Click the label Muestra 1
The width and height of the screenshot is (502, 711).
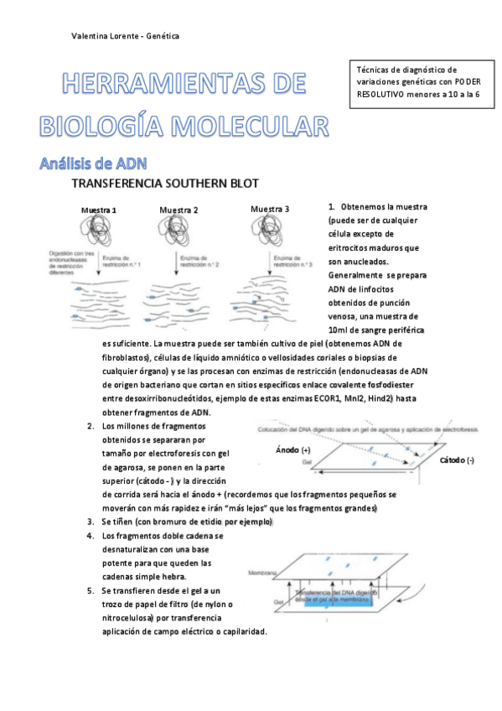pyautogui.click(x=98, y=210)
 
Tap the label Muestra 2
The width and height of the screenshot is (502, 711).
pyautogui.click(x=179, y=210)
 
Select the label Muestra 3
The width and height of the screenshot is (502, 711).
pyautogui.click(x=270, y=209)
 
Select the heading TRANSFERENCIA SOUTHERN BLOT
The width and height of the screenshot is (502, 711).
pyautogui.click(x=165, y=183)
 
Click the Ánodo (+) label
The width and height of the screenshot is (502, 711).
pyautogui.click(x=293, y=451)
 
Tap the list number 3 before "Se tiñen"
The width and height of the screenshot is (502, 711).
pyautogui.click(x=91, y=522)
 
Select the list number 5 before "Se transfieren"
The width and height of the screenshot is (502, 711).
pyautogui.click(x=91, y=590)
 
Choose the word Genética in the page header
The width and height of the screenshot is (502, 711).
pyautogui.click(x=163, y=36)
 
